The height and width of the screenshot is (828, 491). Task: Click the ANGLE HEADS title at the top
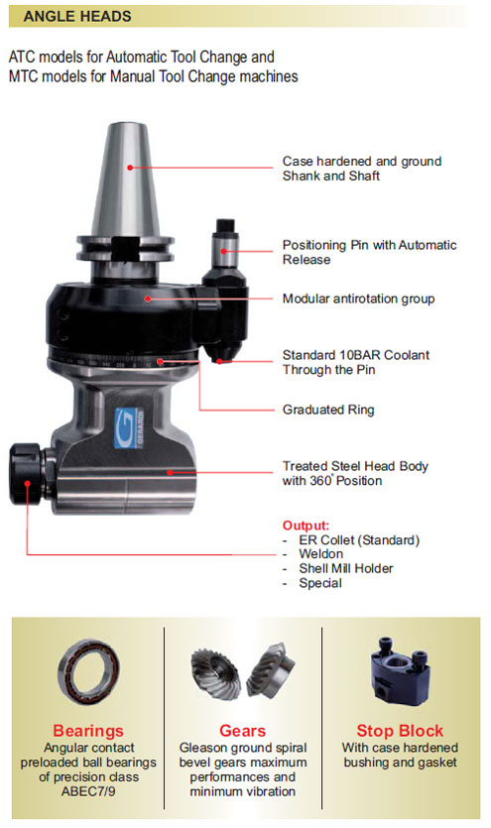point(77,17)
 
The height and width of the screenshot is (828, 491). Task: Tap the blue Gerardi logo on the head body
point(129,427)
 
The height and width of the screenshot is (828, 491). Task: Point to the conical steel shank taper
point(126,179)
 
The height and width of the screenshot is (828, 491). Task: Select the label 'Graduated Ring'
point(328,410)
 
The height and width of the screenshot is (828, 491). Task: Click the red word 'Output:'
point(306,526)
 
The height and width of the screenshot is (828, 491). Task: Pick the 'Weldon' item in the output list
point(321,554)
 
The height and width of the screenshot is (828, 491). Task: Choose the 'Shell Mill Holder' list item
point(346,568)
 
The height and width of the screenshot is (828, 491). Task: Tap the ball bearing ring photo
point(88,672)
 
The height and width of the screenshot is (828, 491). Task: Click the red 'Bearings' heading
point(88,731)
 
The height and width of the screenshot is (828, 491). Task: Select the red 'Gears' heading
point(242,731)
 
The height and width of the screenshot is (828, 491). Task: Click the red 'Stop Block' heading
point(400,731)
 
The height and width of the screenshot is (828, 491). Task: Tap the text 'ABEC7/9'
point(88,791)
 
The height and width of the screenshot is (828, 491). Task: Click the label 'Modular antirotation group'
point(358,298)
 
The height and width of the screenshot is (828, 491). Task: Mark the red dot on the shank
point(130,168)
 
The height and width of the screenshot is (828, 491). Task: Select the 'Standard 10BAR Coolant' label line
point(356,355)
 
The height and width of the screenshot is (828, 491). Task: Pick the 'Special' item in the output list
point(320,583)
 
